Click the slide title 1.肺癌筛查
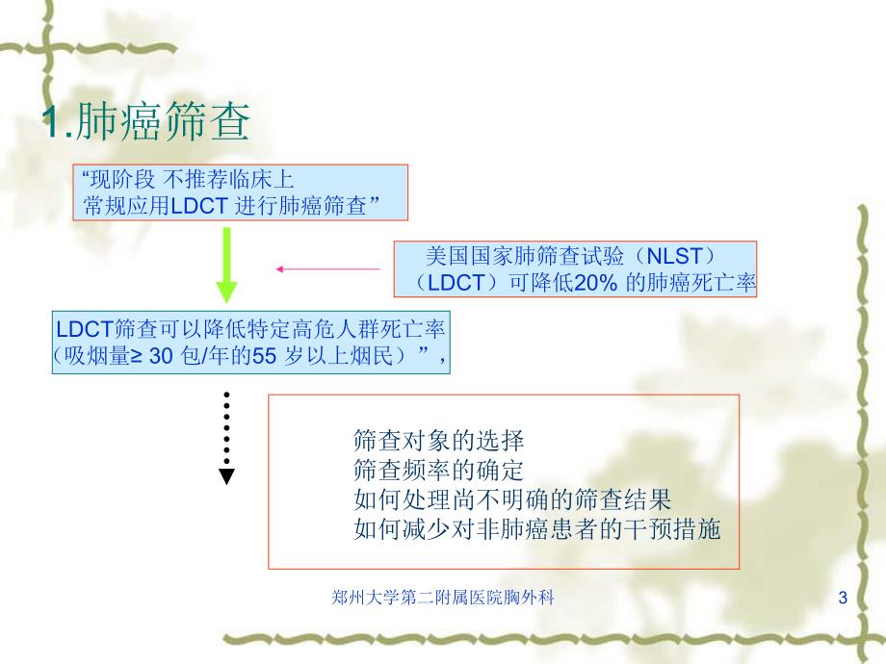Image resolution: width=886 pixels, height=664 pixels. (146, 122)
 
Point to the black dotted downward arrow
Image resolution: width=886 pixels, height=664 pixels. (226, 438)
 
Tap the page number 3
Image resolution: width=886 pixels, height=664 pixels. (843, 600)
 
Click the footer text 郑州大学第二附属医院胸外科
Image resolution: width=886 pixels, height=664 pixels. (442, 599)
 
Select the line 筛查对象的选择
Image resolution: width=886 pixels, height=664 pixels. (439, 442)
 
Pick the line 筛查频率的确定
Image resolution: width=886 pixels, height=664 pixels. (439, 471)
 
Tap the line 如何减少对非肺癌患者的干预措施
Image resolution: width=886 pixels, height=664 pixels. (536, 528)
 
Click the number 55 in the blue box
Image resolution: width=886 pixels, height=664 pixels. (264, 355)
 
